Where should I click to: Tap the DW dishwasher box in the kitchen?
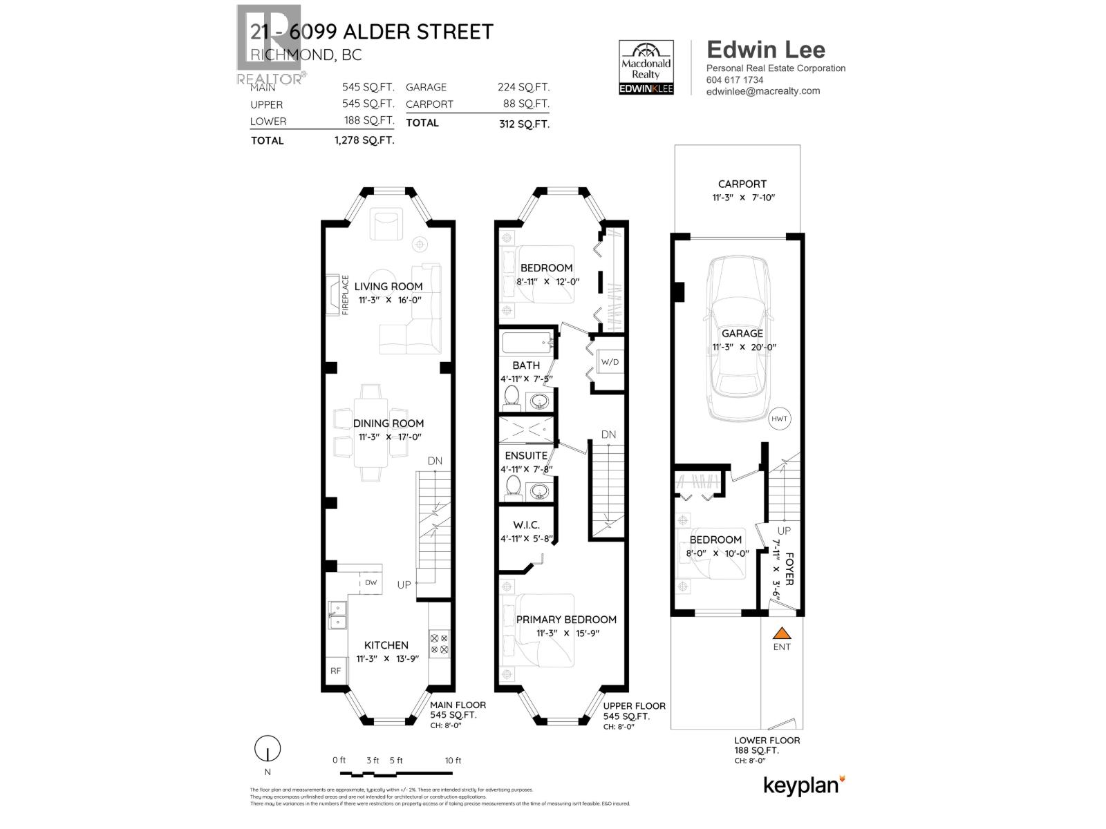[371, 582]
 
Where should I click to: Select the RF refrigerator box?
[336, 670]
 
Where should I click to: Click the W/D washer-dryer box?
[610, 361]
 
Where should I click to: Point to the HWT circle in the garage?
[780, 419]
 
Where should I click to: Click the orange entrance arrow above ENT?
[781, 633]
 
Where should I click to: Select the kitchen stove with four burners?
[439, 644]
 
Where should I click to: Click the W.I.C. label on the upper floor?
[526, 526]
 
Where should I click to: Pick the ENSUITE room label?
[526, 455]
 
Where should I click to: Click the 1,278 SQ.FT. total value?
[364, 140]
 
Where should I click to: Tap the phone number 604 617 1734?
[734, 79]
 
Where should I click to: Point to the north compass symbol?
[268, 749]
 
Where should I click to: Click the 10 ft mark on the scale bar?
[453, 760]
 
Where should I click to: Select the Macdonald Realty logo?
[646, 67]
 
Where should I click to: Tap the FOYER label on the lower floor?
[789, 566]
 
